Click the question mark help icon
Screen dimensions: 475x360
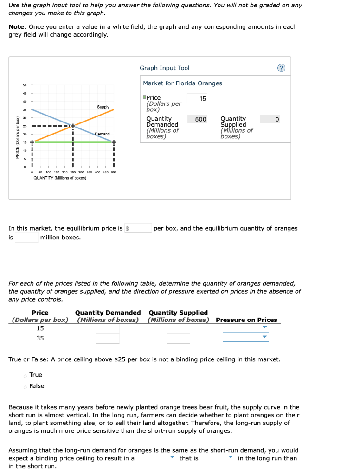pos(281,68)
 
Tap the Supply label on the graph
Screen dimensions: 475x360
pos(103,107)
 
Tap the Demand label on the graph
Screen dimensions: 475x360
pos(102,134)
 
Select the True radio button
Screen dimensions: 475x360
pos(26,375)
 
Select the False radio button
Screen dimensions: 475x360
pos(26,386)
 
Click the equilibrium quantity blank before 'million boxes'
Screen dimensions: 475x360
pos(27,237)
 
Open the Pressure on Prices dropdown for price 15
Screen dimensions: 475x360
pos(246,328)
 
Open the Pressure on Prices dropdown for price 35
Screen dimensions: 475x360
pos(246,338)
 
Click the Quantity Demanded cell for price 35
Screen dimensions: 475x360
pos(108,339)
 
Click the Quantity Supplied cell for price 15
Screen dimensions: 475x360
pos(178,328)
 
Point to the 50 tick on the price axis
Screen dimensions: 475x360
pos(25,85)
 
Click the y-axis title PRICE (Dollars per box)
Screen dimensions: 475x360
pos(17,137)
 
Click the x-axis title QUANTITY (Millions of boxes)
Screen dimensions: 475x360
pos(60,178)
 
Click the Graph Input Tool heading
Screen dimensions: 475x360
pos(164,68)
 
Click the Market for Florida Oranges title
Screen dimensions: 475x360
pos(182,83)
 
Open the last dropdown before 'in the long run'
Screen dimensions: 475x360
pos(218,458)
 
